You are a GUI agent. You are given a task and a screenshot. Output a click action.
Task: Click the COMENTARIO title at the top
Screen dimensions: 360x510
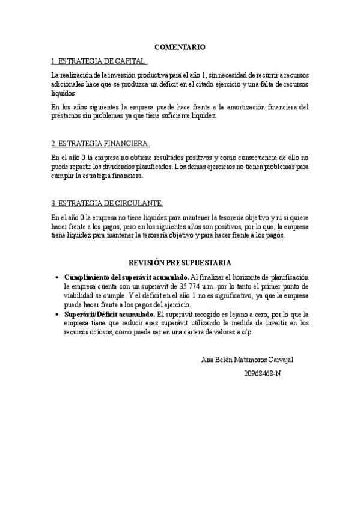point(180,46)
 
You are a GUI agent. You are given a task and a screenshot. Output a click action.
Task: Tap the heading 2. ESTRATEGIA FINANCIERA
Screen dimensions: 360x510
point(100,144)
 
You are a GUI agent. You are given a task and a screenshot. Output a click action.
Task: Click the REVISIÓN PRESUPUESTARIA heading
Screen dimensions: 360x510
point(180,262)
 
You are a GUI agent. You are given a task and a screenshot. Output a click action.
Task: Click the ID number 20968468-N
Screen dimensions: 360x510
point(263,373)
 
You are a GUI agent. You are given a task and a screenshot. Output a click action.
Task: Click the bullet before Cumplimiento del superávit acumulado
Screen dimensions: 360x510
point(56,277)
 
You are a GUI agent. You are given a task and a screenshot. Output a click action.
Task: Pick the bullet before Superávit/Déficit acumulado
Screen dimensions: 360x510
point(56,315)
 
